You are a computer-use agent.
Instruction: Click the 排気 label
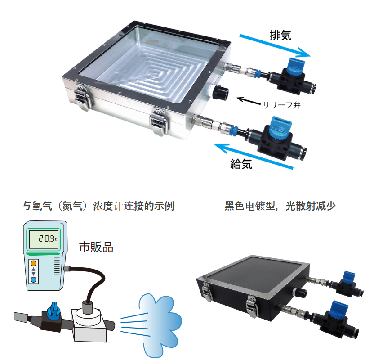point(280,36)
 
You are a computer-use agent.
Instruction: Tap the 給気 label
point(241,164)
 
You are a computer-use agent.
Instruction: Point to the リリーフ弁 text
point(281,105)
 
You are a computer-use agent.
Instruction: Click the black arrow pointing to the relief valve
point(248,101)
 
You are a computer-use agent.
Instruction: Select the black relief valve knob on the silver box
point(220,92)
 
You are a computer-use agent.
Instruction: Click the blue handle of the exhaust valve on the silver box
point(295,66)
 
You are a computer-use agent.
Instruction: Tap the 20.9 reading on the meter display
point(48,238)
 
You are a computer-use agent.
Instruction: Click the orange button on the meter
point(33,263)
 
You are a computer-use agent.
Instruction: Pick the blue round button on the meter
point(33,279)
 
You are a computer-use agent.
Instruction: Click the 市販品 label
point(96,247)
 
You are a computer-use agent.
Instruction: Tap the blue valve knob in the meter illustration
point(53,310)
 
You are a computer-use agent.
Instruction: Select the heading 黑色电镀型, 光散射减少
point(280,206)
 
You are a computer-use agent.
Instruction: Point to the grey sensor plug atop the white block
point(87,307)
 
